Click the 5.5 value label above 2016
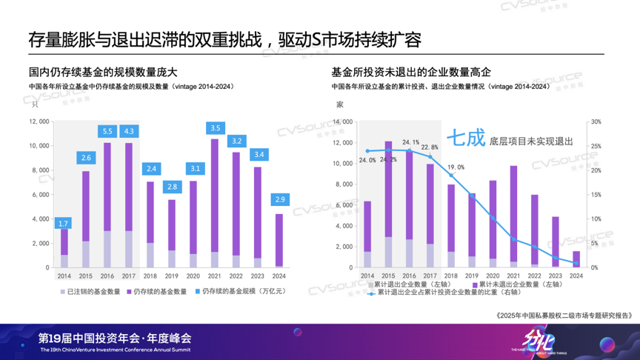[x=107, y=131]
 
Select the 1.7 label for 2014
[x=64, y=223]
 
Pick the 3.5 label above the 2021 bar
[x=216, y=128]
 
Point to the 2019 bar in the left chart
[x=173, y=233]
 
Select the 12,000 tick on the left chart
[x=39, y=121]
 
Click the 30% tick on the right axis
[x=596, y=121]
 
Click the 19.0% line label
[x=455, y=167]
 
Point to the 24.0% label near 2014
[x=367, y=160]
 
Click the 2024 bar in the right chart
[x=577, y=259]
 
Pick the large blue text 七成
[x=464, y=139]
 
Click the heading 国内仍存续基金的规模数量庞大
[x=103, y=73]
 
